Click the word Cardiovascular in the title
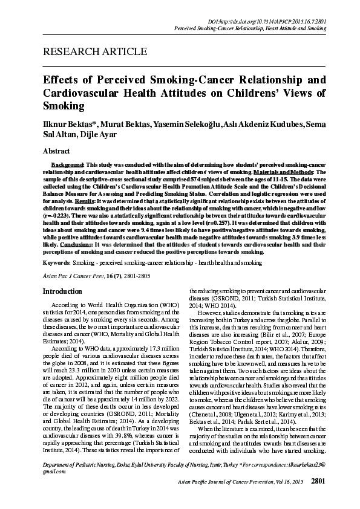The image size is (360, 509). [x=82, y=92]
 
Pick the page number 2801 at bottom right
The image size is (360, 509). [x=318, y=498]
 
